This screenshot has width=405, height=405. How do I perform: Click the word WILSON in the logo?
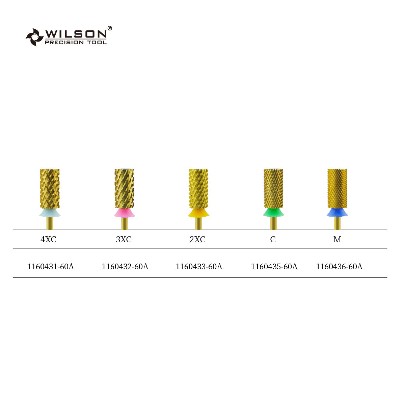tap(76, 34)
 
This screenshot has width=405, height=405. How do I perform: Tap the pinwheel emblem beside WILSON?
tap(35, 37)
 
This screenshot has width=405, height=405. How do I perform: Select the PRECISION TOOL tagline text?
tap(76, 43)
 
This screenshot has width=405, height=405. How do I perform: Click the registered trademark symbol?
tap(110, 28)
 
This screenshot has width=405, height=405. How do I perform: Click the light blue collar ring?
tap(50, 213)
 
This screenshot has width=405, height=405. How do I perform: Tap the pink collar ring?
tap(124, 213)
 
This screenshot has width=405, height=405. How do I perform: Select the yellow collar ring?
tap(198, 213)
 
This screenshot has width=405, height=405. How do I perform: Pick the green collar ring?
tap(273, 213)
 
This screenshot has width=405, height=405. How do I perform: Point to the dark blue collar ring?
tap(337, 213)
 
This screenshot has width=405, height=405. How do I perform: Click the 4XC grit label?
tap(48, 239)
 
